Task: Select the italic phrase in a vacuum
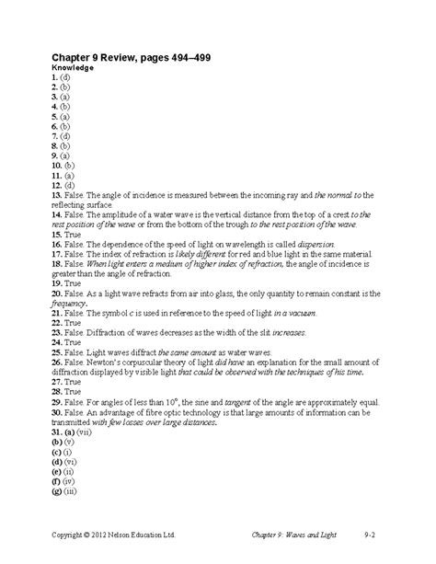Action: [289, 314]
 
